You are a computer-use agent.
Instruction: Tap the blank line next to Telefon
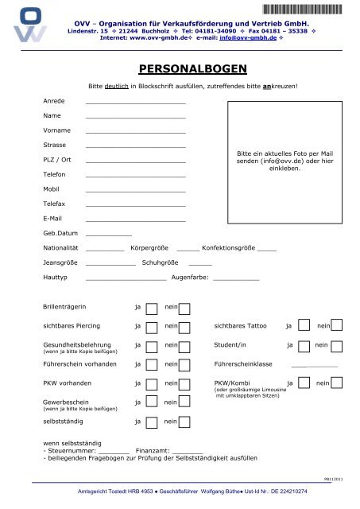pyautogui.click(x=135, y=175)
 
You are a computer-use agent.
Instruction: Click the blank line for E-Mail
pyautogui.click(x=135, y=219)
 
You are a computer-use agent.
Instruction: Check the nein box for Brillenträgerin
pyautogui.click(x=184, y=308)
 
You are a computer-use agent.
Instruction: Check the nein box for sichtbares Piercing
pyautogui.click(x=184, y=327)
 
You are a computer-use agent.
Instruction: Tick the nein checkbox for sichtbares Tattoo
pyautogui.click(x=336, y=326)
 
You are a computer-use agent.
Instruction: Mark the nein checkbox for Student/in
pyautogui.click(x=336, y=346)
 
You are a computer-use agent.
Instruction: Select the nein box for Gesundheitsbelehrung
pyautogui.click(x=184, y=346)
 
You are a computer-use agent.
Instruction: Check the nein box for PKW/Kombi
pyautogui.click(x=336, y=384)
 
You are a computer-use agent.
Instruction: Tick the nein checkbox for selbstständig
pyautogui.click(x=184, y=421)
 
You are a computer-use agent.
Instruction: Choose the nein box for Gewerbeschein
pyautogui.click(x=184, y=403)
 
